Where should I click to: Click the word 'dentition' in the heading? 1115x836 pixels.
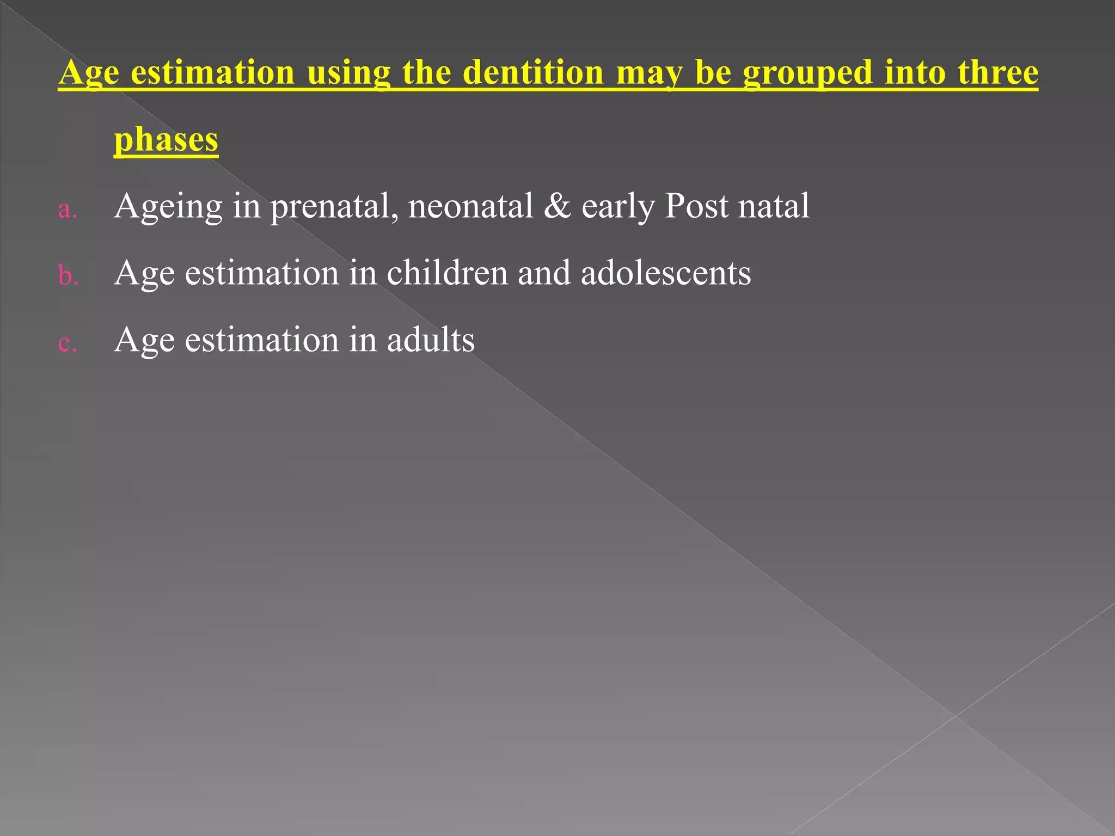tap(533, 72)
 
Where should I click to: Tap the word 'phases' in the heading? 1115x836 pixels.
tap(166, 139)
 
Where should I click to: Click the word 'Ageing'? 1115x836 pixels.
tap(168, 207)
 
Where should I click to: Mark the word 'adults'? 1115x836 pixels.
tap(431, 340)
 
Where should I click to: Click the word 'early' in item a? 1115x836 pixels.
tap(618, 207)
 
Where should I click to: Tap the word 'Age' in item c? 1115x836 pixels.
tap(144, 341)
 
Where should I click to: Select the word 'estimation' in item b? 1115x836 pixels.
tap(261, 273)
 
